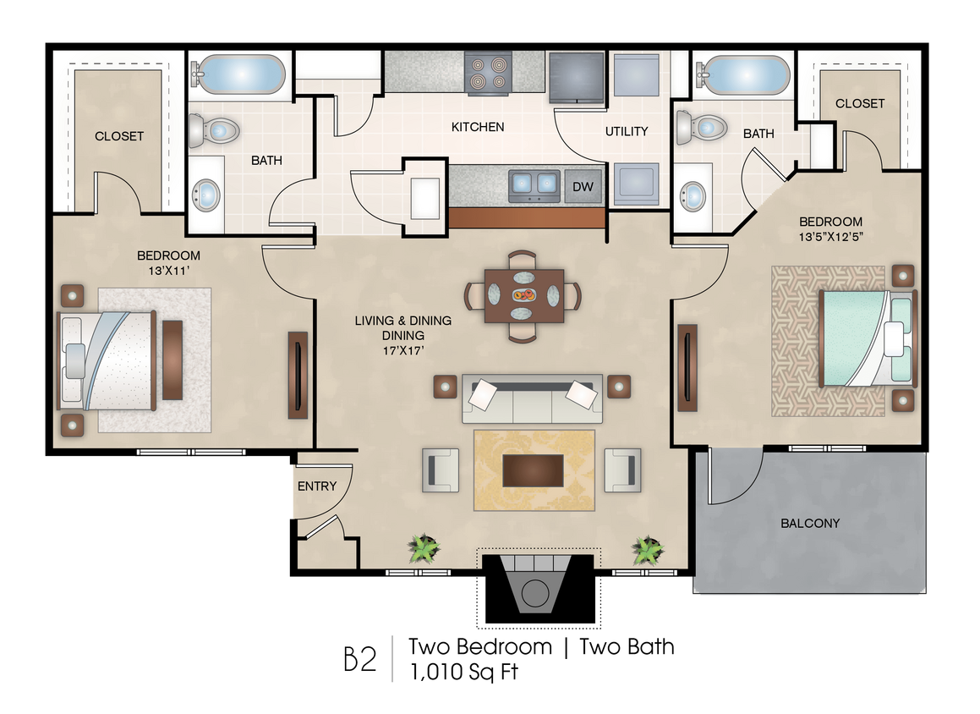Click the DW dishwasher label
pos(583,186)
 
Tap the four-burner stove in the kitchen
pos(488,72)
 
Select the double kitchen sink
pos(534,185)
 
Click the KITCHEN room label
pos(478,127)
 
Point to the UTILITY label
pos(627,131)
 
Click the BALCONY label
pos(810,524)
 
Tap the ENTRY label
pos(317,486)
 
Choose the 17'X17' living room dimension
pos(403,351)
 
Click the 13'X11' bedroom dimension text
pos(169,271)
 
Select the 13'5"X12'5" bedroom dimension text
pos(830,237)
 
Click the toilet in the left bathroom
pos(214,130)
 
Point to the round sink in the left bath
pos(206,195)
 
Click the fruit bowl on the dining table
pos(523,294)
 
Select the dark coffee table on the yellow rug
pos(534,470)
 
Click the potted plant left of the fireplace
pos(424,548)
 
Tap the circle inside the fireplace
pos(535,593)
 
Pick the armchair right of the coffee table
pos(622,470)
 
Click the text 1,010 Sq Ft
pos(464,672)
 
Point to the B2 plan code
pos(360,659)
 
